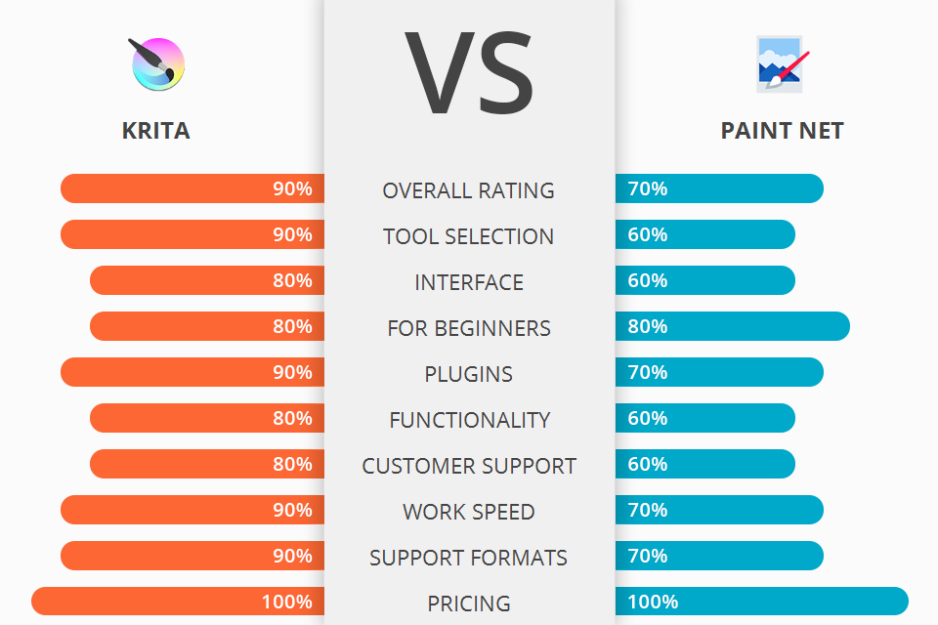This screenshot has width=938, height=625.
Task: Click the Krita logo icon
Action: (156, 63)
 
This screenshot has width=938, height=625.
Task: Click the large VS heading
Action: (469, 72)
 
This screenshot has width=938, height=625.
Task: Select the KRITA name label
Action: (156, 131)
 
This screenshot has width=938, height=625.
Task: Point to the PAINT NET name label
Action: (782, 131)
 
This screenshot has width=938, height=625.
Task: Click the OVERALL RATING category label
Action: (469, 190)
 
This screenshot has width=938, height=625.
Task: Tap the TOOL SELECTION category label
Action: (469, 236)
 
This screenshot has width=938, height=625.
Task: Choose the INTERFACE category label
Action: (469, 282)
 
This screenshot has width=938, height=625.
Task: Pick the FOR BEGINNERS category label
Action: (469, 328)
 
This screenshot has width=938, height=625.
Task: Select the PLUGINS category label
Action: (469, 374)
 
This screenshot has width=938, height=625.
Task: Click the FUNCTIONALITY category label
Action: (469, 420)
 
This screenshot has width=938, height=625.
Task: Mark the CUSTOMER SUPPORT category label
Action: (469, 466)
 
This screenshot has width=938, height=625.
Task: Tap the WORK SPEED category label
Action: (469, 512)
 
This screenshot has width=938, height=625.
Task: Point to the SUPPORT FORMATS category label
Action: (469, 558)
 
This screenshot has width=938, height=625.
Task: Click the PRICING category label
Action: (469, 604)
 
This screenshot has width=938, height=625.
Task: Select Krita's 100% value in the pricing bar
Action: (287, 602)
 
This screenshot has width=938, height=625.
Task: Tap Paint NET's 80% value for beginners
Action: (648, 326)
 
